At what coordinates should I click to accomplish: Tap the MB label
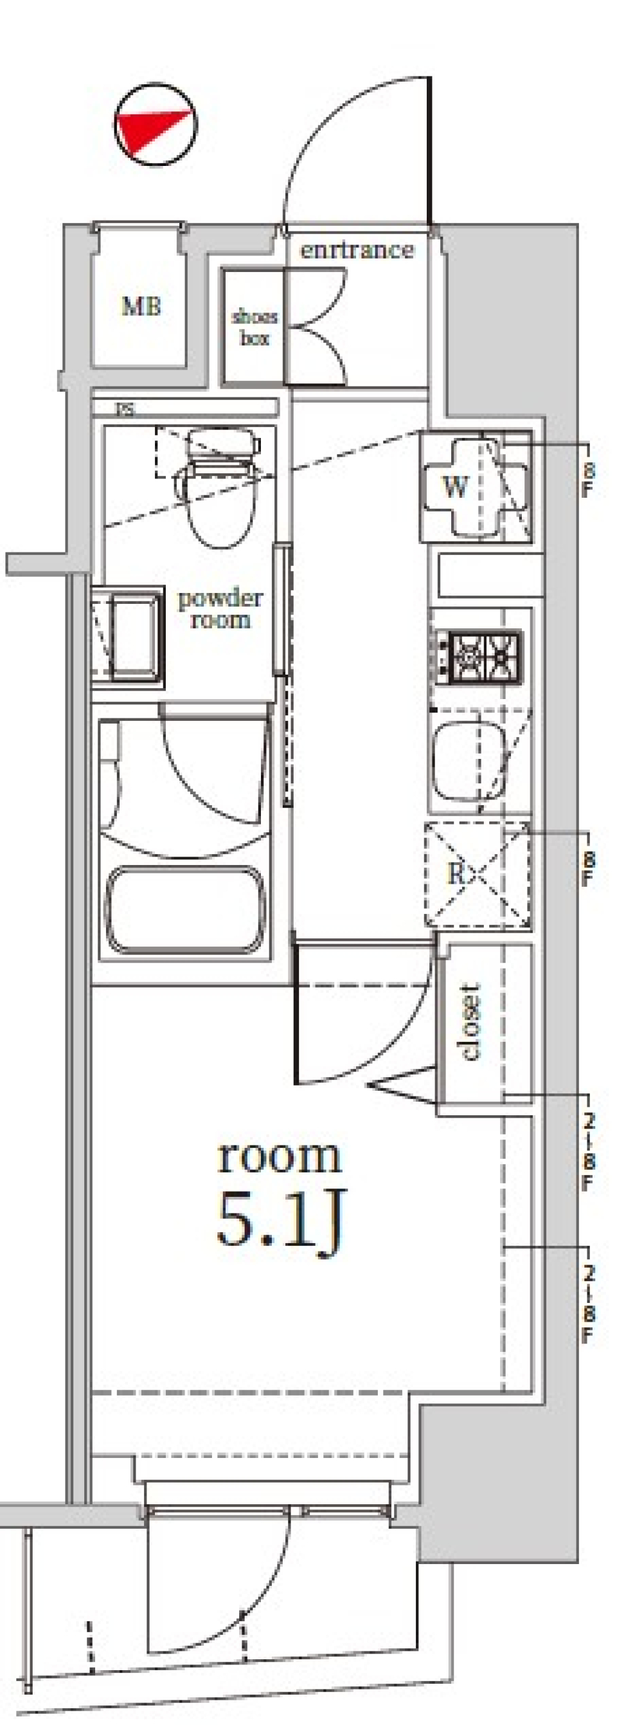click(x=141, y=307)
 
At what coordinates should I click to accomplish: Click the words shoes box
click(x=255, y=327)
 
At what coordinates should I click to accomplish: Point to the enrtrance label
click(x=357, y=251)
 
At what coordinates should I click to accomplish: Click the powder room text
click(x=220, y=608)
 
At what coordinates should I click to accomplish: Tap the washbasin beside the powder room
click(x=134, y=635)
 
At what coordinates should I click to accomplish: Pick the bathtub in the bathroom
click(x=184, y=911)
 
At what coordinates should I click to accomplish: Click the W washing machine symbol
click(x=455, y=486)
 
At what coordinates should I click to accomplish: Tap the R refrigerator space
click(x=456, y=873)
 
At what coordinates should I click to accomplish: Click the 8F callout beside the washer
click(x=587, y=480)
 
